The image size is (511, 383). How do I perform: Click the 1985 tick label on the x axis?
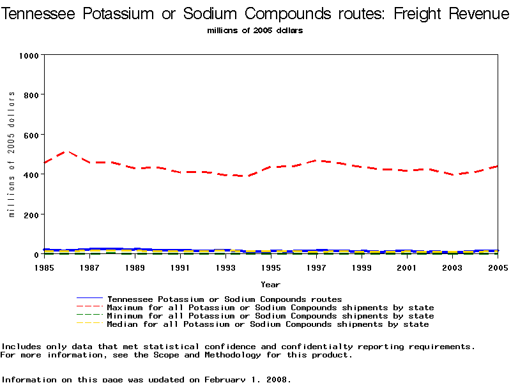point(43,267)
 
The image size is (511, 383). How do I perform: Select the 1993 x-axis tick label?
point(225,267)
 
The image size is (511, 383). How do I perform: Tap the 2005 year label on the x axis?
point(498,267)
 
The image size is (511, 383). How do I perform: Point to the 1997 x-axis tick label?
point(316,267)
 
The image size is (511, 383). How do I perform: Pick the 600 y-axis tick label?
point(31,135)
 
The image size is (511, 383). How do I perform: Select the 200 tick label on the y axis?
point(31,214)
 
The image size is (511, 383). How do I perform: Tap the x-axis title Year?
point(270,284)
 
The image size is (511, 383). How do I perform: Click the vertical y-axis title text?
point(11,154)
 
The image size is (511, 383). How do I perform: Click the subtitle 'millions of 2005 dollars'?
point(255,30)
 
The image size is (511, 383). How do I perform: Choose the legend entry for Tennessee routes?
point(224,299)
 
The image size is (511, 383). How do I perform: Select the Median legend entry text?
point(268,324)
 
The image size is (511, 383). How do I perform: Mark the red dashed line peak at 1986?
point(66,151)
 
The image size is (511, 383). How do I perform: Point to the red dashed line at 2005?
point(497,166)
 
